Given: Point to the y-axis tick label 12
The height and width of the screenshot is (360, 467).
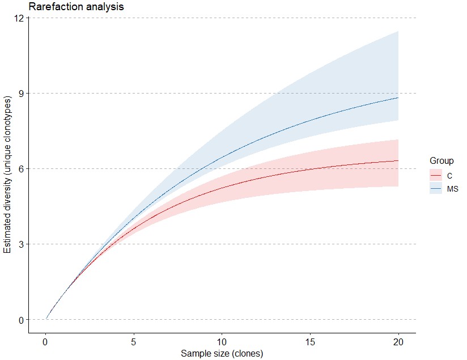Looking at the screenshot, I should coord(19,18).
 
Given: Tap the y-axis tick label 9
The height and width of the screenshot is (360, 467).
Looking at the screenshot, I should coord(22,93).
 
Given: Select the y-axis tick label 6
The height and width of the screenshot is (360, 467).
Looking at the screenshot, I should coord(22,168).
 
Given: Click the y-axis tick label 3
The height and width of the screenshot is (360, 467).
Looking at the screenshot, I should coord(22,244).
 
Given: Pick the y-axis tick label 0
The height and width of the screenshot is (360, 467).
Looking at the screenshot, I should coord(22,319).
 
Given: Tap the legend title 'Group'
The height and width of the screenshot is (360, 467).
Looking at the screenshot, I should coord(441,161).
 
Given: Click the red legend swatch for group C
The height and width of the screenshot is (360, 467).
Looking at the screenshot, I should coord(436,175).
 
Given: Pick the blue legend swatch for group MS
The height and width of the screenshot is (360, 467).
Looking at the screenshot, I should coord(436,188).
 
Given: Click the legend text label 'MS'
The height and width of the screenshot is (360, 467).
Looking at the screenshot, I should coord(452,188).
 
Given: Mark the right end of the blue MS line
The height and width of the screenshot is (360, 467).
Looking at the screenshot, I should coord(398,98).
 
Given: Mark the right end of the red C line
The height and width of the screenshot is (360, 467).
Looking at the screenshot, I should coord(398,160).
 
